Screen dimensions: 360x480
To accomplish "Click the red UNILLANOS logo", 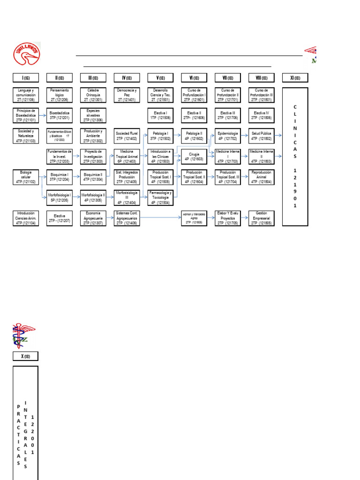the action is point(26,54).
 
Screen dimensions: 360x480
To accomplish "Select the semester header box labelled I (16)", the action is point(26,78).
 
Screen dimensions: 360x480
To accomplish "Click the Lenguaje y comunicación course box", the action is point(26,94).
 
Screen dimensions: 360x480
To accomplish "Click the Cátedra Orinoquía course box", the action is point(93,94).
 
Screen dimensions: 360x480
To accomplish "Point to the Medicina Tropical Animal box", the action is point(127,156).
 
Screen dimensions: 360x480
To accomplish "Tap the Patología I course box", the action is point(160,135).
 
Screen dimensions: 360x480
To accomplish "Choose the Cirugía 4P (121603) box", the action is point(194,156).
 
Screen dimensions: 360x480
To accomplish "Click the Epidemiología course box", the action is point(228,135).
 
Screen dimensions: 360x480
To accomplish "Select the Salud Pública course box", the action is point(261,135).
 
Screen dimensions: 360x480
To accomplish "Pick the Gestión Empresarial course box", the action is point(261,217).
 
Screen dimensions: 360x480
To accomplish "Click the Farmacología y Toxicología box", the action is point(160,197).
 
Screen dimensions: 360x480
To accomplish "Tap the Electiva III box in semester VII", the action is point(228,115).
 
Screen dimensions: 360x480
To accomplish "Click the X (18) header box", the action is point(26,356).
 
